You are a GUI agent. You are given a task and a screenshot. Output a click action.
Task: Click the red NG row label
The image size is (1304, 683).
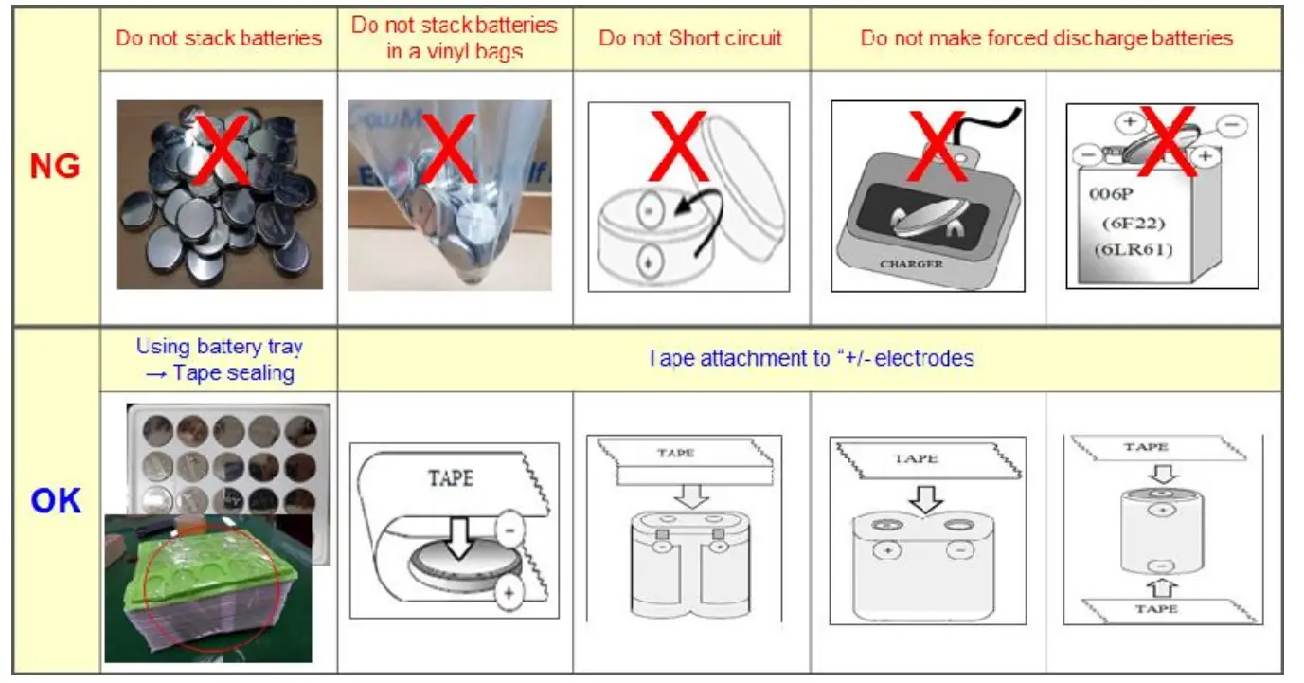[55, 167]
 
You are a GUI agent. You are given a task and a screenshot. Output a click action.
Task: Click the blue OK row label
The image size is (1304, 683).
[56, 500]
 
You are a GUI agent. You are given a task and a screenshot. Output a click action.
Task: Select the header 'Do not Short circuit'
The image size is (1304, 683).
[690, 38]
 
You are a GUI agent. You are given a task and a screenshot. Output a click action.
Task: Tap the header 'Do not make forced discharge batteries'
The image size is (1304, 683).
[1045, 38]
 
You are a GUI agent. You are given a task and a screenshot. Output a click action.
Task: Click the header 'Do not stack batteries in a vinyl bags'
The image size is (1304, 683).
[455, 37]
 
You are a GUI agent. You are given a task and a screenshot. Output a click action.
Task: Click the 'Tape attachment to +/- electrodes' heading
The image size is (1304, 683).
[811, 358]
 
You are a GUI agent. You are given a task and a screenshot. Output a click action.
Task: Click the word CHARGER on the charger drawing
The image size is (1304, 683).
[910, 264]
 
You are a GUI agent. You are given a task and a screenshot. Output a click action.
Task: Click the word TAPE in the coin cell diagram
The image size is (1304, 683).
[450, 478]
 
